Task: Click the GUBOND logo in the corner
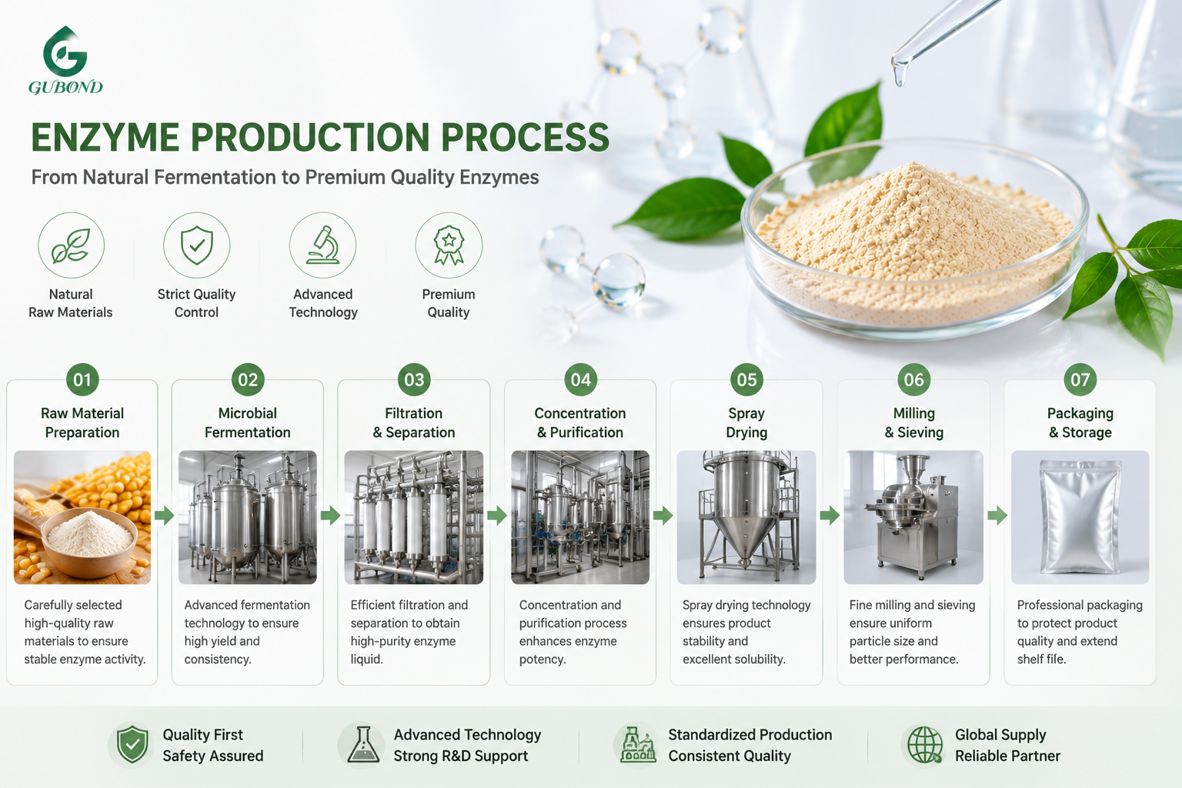(x=65, y=60)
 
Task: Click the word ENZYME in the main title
(x=105, y=137)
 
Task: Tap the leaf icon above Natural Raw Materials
(x=71, y=245)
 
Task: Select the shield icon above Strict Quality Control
(x=196, y=245)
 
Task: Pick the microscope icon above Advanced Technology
(x=323, y=245)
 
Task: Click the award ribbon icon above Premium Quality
(x=449, y=245)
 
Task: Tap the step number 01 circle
(x=82, y=380)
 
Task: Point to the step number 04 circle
(x=580, y=380)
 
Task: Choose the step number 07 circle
(x=1080, y=380)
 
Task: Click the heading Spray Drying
(x=746, y=422)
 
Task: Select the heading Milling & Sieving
(x=914, y=422)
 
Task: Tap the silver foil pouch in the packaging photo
(x=1080, y=516)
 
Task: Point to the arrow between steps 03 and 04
(x=496, y=515)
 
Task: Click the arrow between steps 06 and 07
(x=997, y=515)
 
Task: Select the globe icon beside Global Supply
(x=924, y=745)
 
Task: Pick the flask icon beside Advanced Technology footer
(x=363, y=745)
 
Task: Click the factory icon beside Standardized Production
(x=638, y=745)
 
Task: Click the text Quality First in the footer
(x=202, y=735)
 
